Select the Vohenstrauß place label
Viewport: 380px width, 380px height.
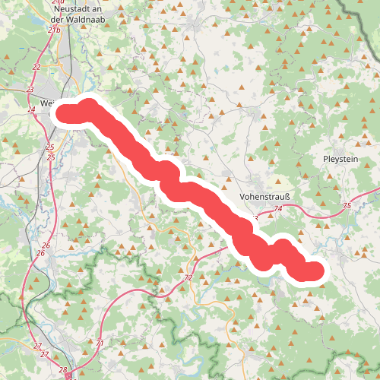click(x=261, y=195)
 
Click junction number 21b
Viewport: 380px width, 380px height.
click(x=53, y=30)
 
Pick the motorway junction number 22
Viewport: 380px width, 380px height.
click(x=36, y=67)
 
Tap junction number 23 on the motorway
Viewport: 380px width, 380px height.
click(x=30, y=90)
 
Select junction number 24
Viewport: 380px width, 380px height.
click(x=31, y=110)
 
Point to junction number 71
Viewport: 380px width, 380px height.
click(x=100, y=344)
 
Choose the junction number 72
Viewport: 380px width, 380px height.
click(x=188, y=279)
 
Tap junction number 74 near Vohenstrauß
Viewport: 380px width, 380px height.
click(x=278, y=207)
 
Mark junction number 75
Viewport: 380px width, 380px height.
click(x=347, y=206)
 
